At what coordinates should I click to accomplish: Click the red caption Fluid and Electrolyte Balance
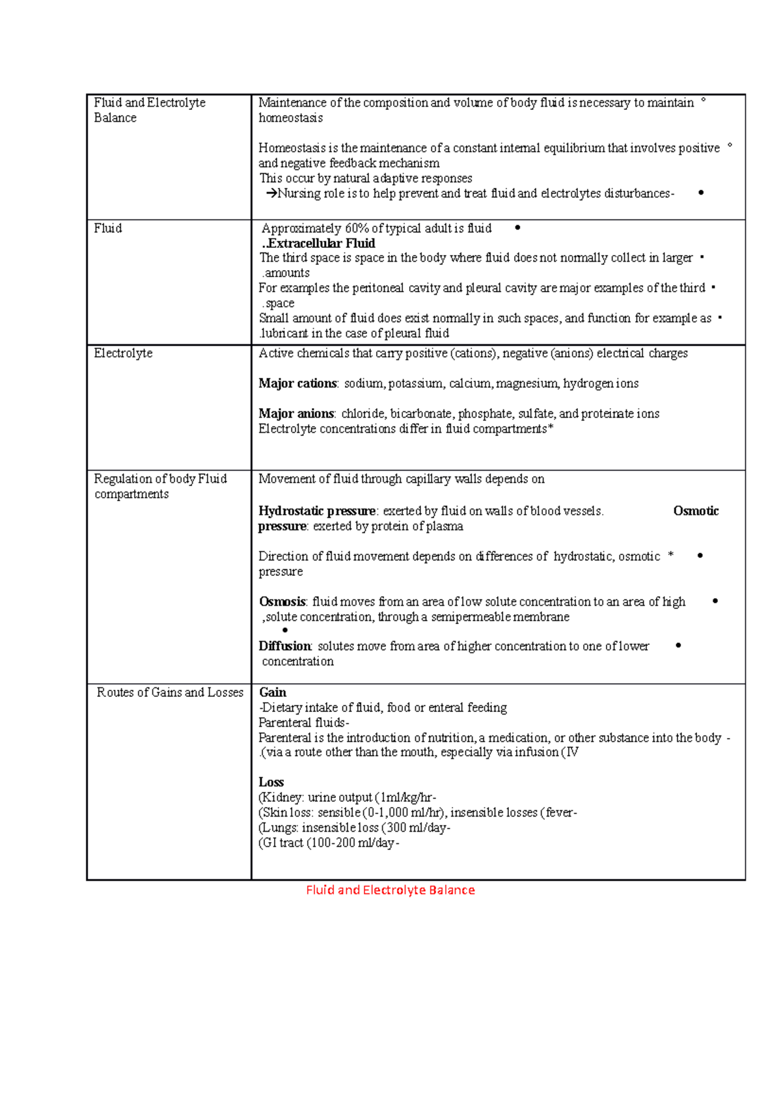(x=390, y=890)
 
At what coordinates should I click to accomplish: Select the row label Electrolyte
(x=123, y=353)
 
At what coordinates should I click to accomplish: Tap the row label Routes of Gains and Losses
(x=170, y=692)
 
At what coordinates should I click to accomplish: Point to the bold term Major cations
(x=297, y=383)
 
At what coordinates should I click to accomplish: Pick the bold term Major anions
(x=296, y=414)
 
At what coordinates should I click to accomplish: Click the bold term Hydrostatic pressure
(x=317, y=511)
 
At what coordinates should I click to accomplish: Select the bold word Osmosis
(x=282, y=602)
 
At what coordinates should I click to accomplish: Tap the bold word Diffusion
(x=285, y=646)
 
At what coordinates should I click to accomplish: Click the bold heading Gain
(x=273, y=692)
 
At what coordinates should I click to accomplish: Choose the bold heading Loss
(x=271, y=782)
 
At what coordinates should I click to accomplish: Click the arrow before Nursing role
(x=271, y=193)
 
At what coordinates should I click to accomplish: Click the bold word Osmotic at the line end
(x=696, y=511)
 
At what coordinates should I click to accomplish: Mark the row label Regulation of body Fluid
(x=160, y=479)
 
